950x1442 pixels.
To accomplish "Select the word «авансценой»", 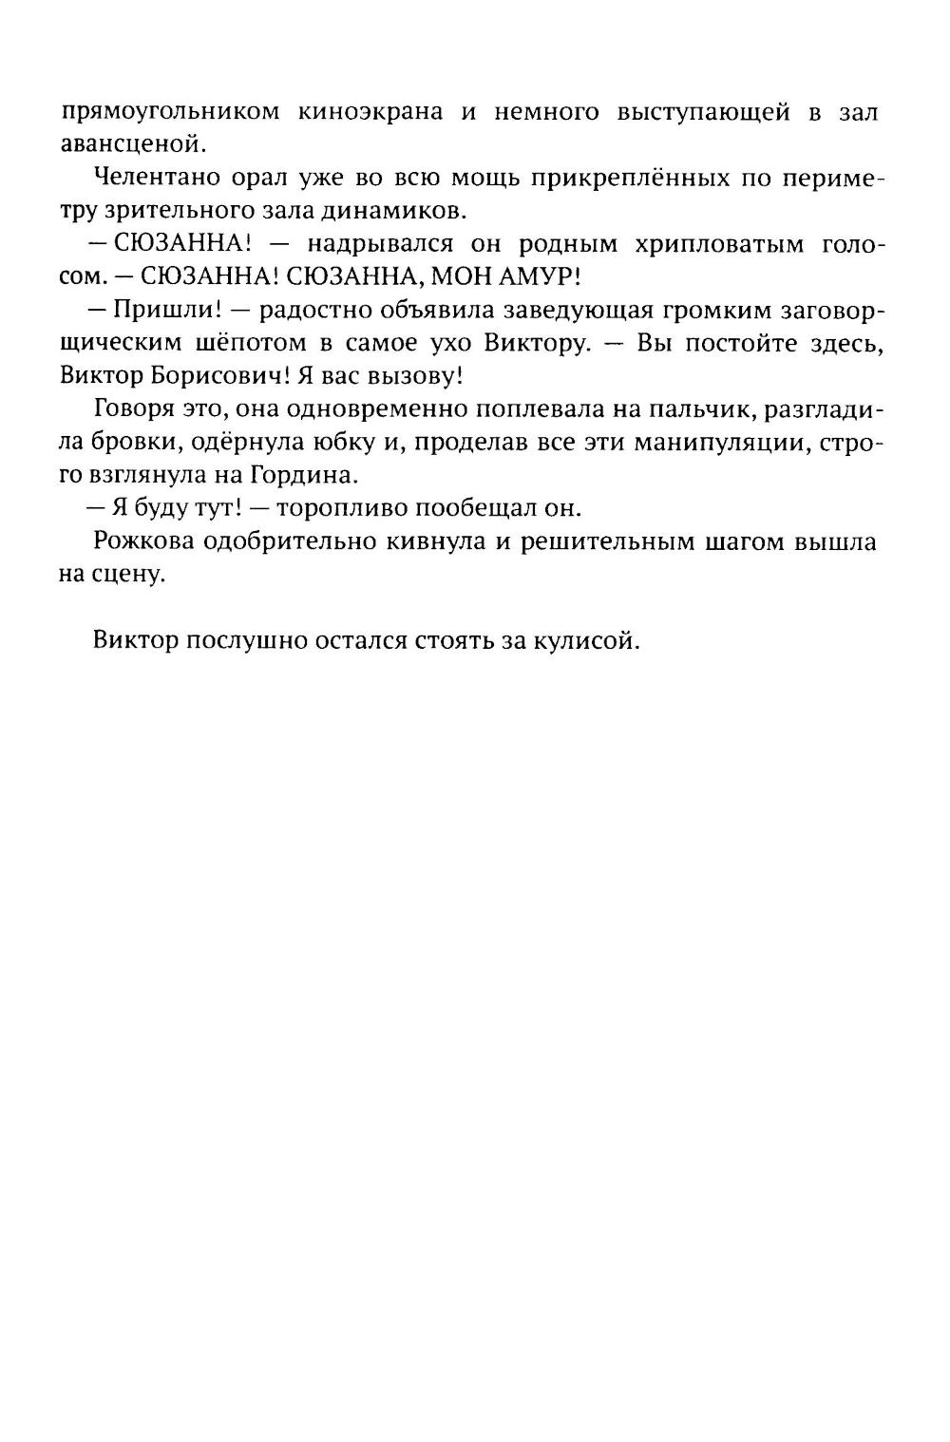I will tap(131, 144).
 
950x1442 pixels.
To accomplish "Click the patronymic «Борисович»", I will tap(215, 376).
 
